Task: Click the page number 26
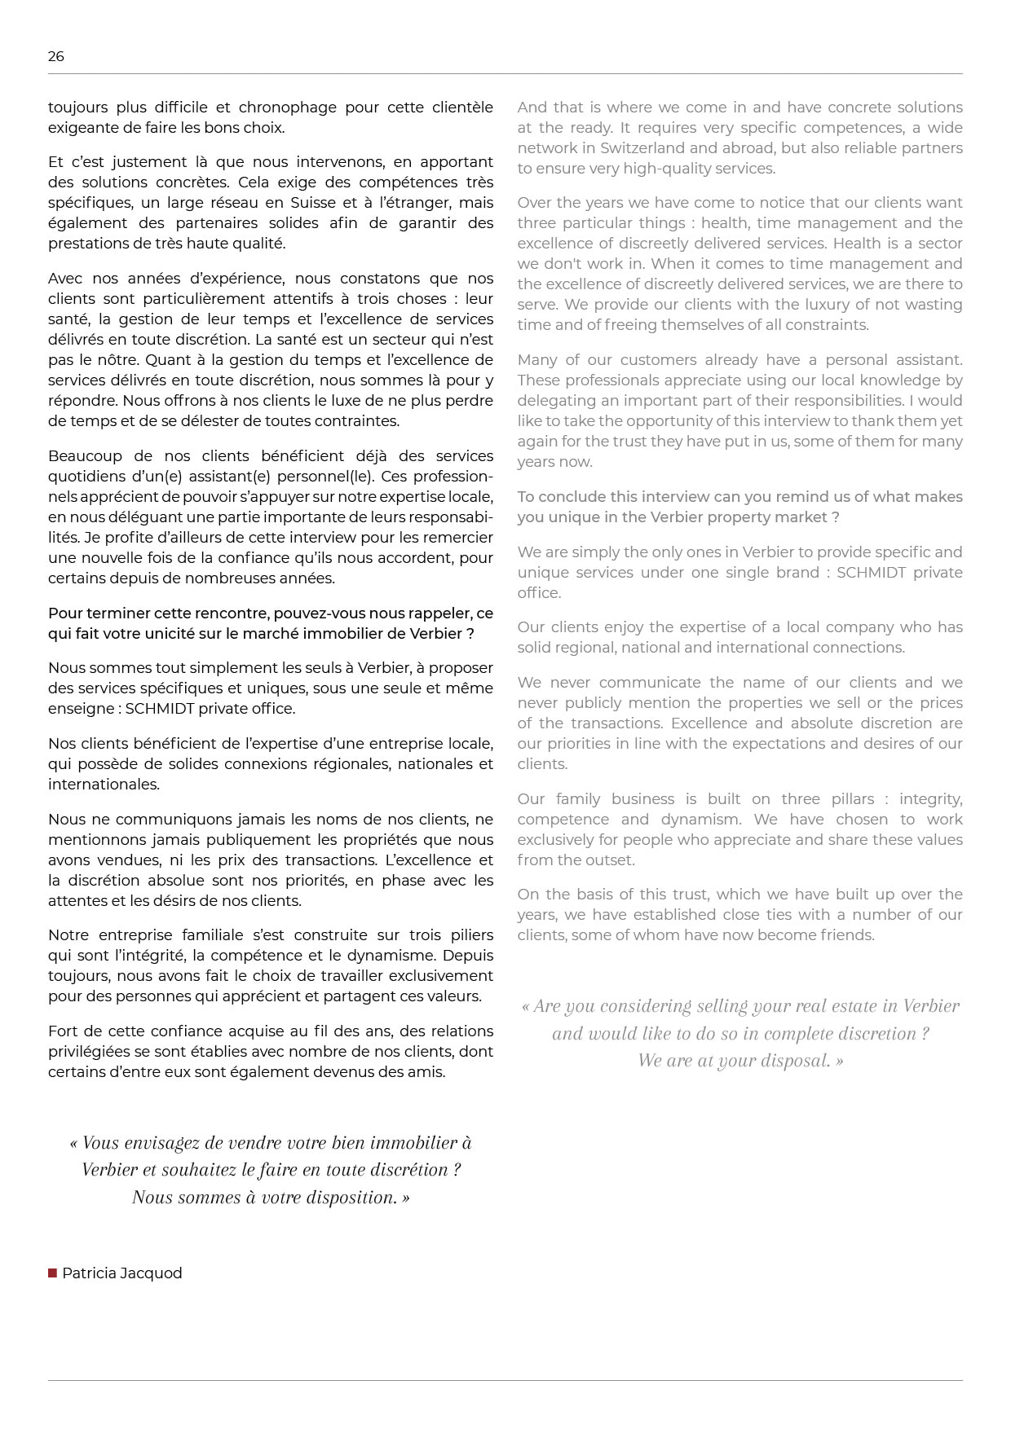55,56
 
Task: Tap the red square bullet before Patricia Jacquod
52,1273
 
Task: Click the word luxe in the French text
360,401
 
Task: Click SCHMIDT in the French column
160,709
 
